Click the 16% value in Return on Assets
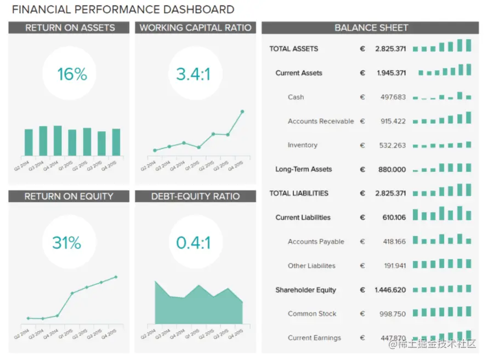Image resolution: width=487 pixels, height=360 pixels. (x=72, y=74)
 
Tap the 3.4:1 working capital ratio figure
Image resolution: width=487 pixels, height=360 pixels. (x=193, y=74)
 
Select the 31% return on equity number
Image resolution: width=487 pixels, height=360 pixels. (x=66, y=242)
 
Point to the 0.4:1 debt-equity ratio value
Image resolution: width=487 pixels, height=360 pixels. (x=193, y=242)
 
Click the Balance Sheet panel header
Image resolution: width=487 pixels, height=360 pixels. (x=371, y=28)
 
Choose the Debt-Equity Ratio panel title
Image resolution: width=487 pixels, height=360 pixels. (x=195, y=196)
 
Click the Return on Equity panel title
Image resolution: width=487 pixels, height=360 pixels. (x=69, y=196)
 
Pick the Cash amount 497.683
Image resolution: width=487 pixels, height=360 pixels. (x=393, y=97)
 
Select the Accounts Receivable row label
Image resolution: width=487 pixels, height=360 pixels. (x=321, y=121)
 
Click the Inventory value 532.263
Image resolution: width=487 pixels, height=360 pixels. (x=393, y=145)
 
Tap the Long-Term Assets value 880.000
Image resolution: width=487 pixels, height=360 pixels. (x=392, y=169)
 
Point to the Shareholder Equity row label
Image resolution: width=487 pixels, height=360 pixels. (x=305, y=290)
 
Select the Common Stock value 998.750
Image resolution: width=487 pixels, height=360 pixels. (x=393, y=314)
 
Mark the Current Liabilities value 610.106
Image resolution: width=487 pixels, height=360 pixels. (x=394, y=218)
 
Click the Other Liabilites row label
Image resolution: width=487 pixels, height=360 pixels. (x=312, y=266)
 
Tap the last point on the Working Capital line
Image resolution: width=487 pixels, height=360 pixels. (x=242, y=111)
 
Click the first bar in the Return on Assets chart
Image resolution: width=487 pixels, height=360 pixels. (x=29, y=142)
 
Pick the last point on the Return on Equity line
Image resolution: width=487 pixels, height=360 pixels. (x=116, y=277)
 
